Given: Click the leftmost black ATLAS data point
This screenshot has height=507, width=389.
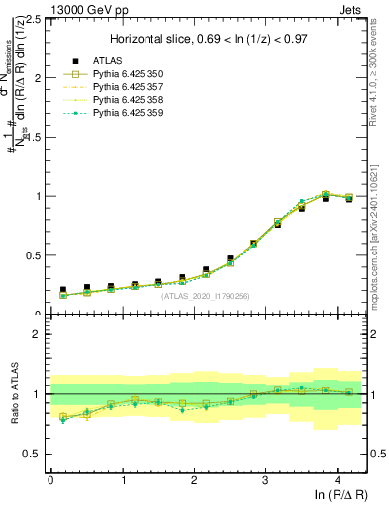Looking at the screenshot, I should pyautogui.click(x=63, y=290).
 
